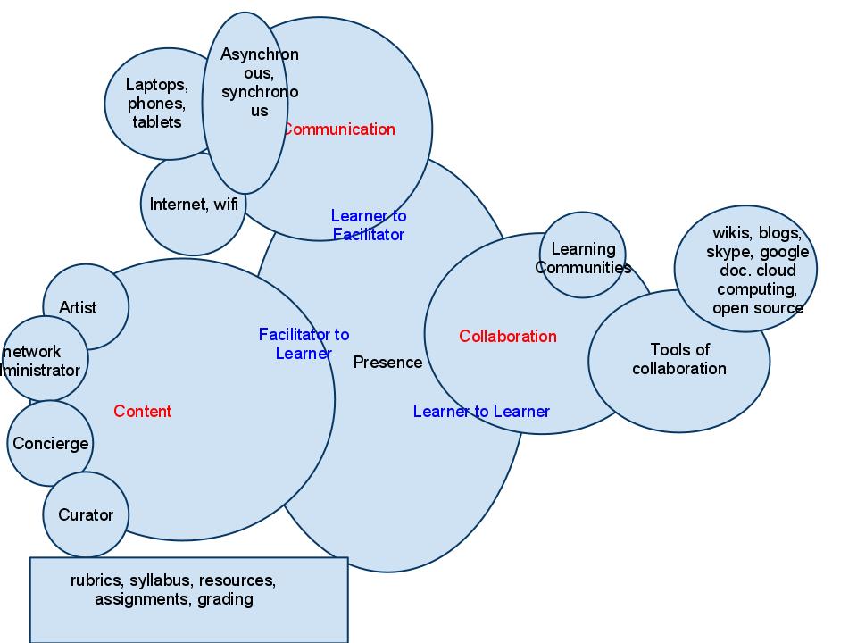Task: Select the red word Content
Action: point(143,412)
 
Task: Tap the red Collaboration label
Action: point(507,337)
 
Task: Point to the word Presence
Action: point(387,363)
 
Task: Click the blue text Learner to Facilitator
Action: point(368,225)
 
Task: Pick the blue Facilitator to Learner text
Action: point(304,344)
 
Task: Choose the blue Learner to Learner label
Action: point(481,412)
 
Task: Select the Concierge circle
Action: point(50,444)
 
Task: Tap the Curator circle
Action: point(86,515)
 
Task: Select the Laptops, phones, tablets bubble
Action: point(156,104)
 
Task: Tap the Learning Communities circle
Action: point(583,257)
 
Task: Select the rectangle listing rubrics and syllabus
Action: point(188,616)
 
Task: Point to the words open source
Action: point(757,308)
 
